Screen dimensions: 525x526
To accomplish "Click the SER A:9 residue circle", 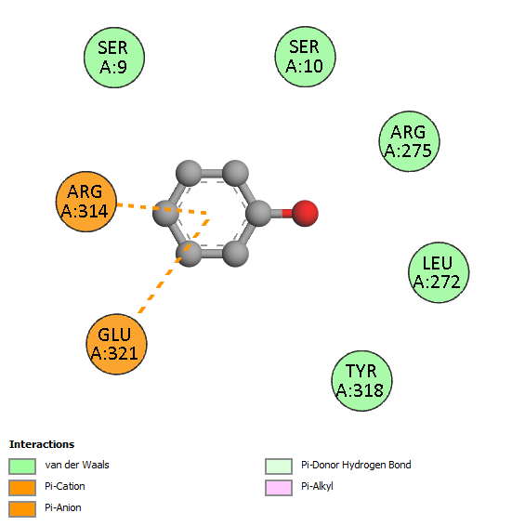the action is coord(114,58).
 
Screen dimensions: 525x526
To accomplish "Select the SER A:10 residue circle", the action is coord(306,57).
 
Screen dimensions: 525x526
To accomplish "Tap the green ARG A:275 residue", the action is coord(409,141).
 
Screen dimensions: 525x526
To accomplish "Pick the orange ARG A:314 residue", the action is coord(86,202).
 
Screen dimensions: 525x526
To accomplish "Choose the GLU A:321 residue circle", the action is coord(116,344).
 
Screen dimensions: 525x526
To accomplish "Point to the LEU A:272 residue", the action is coord(439,272).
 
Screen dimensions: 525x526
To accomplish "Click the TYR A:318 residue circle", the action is coord(361,381).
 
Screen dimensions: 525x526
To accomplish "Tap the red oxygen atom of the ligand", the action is coord(305,214).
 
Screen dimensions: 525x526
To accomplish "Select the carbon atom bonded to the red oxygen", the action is coord(258,214).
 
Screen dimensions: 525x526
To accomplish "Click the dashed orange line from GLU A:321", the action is coord(174,266).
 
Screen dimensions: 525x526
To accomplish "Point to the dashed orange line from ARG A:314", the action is coord(162,208).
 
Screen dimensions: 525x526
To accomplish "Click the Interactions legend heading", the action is coord(42,444).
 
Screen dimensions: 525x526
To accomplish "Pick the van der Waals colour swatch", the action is coord(22,467).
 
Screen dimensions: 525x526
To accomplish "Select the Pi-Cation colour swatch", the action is coord(22,488).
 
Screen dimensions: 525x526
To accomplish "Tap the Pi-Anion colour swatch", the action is coord(22,509).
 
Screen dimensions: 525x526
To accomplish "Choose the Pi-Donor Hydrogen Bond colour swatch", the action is coord(279,467).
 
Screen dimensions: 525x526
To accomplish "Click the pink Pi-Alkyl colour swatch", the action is coord(279,488).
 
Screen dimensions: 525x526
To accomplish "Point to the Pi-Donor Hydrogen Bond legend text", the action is coord(356,465).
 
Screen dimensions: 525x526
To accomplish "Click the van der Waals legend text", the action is coord(77,465).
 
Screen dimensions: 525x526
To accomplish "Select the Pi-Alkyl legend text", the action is coord(317,486).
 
